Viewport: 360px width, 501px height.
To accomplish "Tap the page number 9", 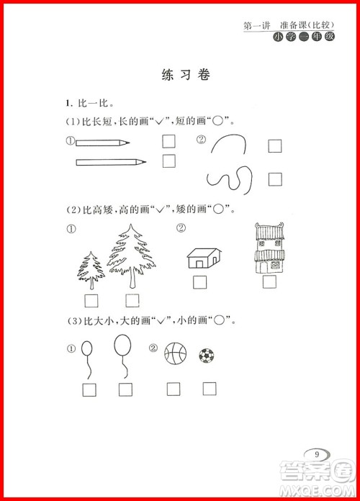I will [x=317, y=453].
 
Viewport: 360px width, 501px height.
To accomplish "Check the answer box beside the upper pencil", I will [x=169, y=142].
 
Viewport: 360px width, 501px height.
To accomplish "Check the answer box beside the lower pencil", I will [x=169, y=161].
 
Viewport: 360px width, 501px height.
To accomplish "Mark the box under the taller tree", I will [x=132, y=300].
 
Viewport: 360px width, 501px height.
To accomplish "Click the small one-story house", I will [x=203, y=258].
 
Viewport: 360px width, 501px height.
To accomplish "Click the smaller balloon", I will [x=88, y=358].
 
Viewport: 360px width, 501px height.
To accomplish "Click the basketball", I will [x=175, y=353].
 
